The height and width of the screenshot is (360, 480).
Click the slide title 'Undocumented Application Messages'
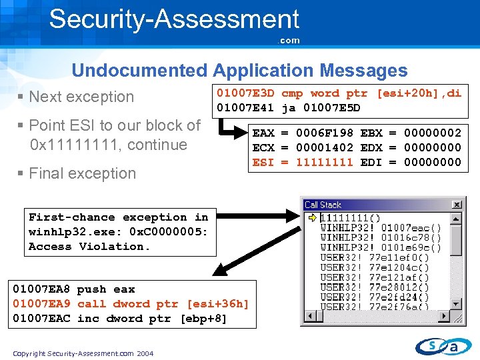239,70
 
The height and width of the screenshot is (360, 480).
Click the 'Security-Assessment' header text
174,19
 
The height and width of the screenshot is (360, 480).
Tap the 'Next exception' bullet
81,97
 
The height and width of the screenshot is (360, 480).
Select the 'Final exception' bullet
82,173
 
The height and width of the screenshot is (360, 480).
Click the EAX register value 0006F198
325,133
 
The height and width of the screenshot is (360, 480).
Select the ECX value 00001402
325,148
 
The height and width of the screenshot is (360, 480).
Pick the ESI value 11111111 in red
325,162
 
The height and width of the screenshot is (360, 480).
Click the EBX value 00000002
433,133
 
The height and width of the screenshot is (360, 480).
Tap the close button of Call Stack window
457,205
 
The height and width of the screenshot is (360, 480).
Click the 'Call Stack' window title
323,205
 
